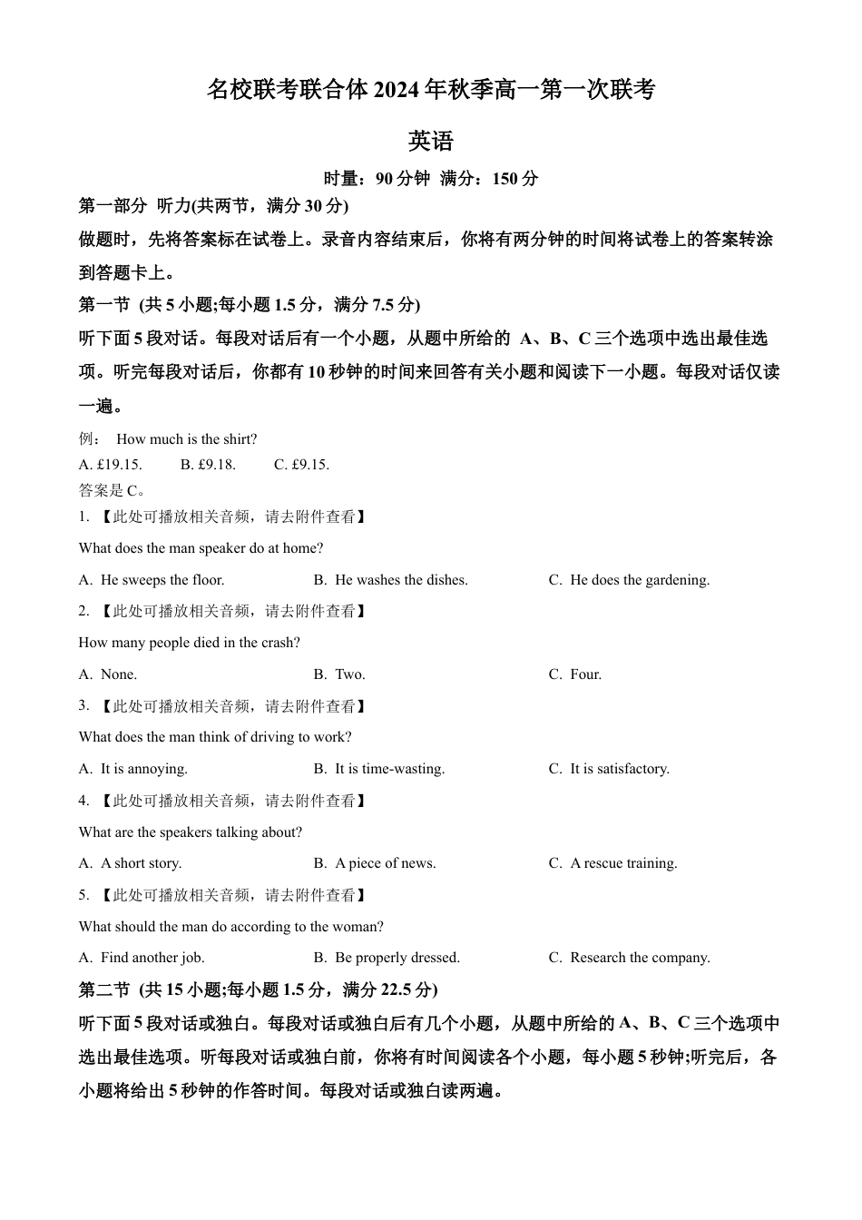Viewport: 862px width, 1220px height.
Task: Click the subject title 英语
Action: tap(430, 142)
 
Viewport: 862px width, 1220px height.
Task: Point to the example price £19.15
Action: tap(120, 465)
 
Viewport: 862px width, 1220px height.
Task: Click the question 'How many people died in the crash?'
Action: tap(189, 643)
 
